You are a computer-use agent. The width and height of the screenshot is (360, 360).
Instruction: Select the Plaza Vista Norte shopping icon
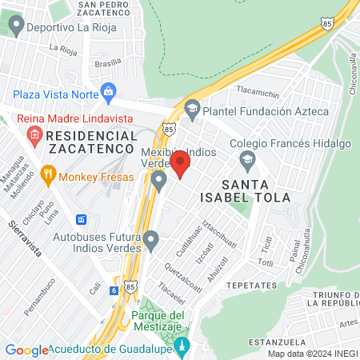click(110, 92)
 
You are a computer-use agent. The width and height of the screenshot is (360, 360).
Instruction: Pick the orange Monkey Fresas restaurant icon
click(48, 173)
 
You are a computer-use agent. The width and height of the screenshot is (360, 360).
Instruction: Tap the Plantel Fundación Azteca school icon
click(192, 107)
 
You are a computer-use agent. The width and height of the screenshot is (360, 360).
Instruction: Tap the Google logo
click(26, 350)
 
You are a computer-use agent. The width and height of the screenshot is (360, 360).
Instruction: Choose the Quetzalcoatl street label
click(182, 273)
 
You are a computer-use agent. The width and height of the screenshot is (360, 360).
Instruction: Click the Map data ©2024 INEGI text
click(312, 354)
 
